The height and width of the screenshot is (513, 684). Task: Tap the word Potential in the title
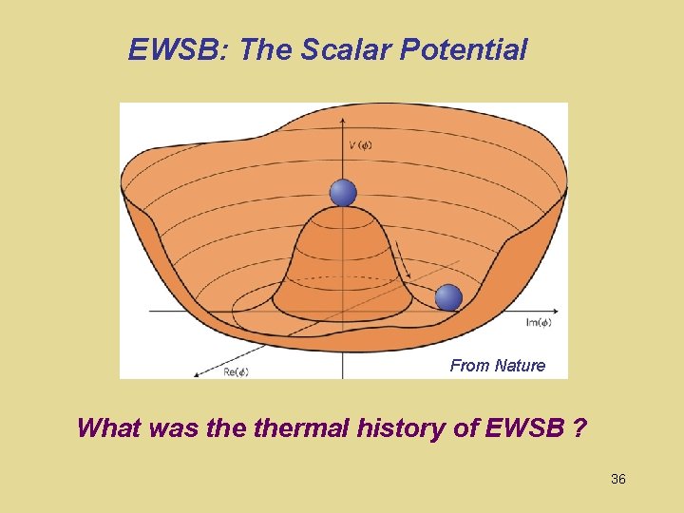point(464,49)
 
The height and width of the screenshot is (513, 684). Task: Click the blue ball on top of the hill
point(343,193)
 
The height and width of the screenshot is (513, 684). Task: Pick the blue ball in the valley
point(448,297)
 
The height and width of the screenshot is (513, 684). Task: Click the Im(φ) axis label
point(538,323)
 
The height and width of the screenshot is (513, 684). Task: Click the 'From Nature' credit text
point(498,366)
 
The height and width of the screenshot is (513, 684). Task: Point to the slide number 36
point(617,480)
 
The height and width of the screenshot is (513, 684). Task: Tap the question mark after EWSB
point(579,428)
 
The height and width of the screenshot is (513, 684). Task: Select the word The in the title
point(268,49)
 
